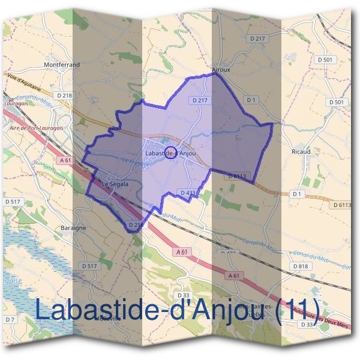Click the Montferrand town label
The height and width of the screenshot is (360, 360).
(x=62, y=63)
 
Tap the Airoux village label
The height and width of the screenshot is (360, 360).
(x=221, y=70)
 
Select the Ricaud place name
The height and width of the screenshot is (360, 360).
(x=300, y=152)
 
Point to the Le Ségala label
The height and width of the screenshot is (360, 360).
(x=114, y=184)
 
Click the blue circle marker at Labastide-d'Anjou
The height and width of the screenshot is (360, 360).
(x=170, y=152)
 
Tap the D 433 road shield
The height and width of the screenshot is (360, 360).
(x=188, y=193)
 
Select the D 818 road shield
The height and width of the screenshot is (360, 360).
(x=299, y=266)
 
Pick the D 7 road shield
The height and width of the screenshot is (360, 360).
(x=10, y=320)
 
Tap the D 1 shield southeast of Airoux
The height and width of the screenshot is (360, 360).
(x=251, y=100)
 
